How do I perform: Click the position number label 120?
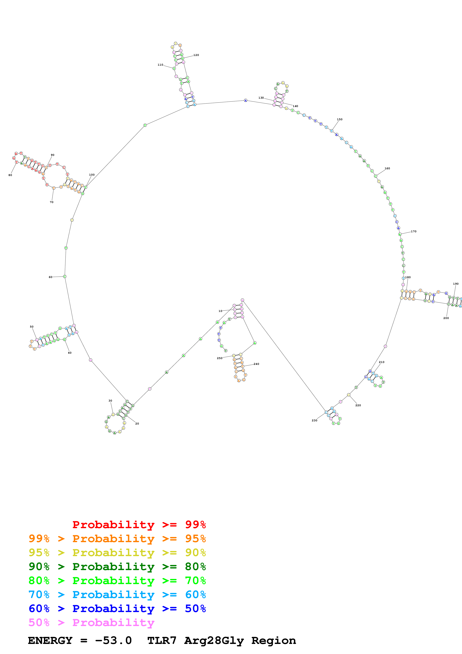(x=196, y=55)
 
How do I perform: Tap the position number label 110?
(x=160, y=65)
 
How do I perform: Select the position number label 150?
(x=340, y=119)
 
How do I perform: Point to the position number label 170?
(x=413, y=231)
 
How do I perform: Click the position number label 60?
(x=50, y=277)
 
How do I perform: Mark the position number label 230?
(x=314, y=420)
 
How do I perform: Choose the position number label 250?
(x=220, y=358)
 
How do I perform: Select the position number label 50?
(x=32, y=326)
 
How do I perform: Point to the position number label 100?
(x=92, y=175)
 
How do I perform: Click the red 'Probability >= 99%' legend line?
(x=139, y=524)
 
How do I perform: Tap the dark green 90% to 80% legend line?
(x=117, y=567)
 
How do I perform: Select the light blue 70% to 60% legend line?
(x=117, y=595)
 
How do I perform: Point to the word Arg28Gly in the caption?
(x=214, y=640)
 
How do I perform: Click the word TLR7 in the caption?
(x=162, y=640)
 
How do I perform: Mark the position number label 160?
(x=387, y=168)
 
